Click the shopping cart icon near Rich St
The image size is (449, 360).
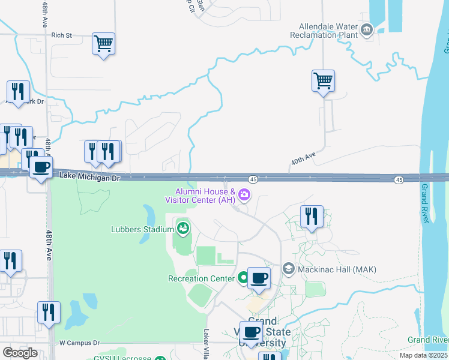(103, 43)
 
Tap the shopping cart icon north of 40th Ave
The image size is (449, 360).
(323, 80)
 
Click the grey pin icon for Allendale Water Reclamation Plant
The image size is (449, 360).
(366, 28)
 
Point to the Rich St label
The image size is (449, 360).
(61, 35)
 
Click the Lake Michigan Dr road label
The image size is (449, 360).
(90, 176)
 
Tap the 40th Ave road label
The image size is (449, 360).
(303, 159)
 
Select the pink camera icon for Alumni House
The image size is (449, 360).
(244, 194)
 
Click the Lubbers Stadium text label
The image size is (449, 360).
(142, 229)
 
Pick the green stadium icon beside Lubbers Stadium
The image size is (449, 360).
(183, 227)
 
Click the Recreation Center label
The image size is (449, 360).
(201, 278)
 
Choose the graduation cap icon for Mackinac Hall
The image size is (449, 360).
(288, 269)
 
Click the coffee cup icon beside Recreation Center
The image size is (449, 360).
(259, 278)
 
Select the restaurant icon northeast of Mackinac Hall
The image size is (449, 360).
(312, 216)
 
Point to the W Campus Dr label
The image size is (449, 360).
(79, 343)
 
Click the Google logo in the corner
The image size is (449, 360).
(20, 353)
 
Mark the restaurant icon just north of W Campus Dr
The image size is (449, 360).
(48, 313)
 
